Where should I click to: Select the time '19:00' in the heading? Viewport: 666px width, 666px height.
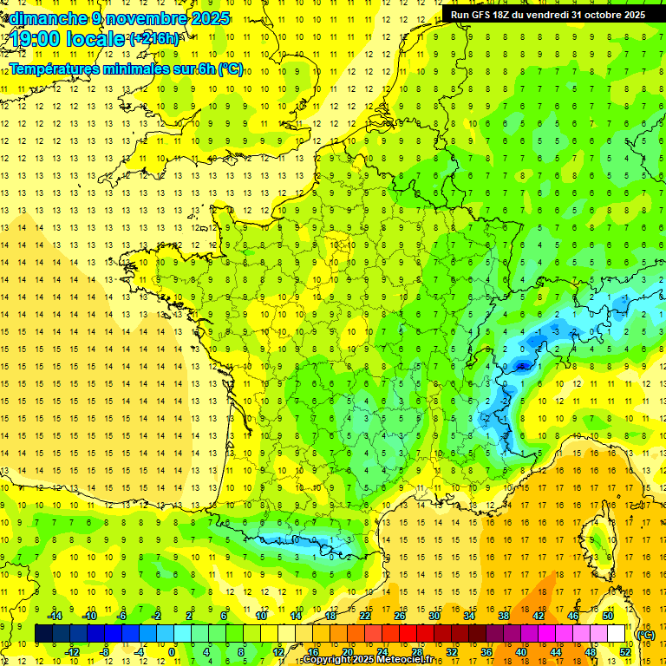point(36,39)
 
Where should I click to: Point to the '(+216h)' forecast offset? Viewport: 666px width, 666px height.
point(154,39)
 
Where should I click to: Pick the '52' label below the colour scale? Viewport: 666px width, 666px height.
point(625,652)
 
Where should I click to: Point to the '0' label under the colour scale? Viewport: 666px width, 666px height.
point(172,652)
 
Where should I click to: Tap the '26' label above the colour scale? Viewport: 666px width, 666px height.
point(400,616)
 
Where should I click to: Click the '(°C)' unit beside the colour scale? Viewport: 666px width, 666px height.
point(645,634)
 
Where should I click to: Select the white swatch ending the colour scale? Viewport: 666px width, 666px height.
point(617,634)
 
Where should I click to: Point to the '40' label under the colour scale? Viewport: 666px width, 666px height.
point(521,652)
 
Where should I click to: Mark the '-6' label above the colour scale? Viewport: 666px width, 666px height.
point(123,616)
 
